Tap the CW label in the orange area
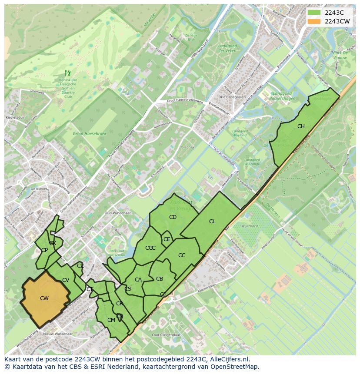[44, 298]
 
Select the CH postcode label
[301, 126]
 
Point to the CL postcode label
[212, 222]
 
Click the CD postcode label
[173, 217]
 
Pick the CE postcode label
[167, 239]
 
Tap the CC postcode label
[182, 255]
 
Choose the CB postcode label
[160, 279]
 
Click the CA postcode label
[138, 280]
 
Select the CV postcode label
[66, 280]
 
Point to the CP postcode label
[44, 250]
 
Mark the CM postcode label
[111, 320]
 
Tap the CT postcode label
[90, 289]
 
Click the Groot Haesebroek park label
[84, 134]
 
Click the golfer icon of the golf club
[67, 73]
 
